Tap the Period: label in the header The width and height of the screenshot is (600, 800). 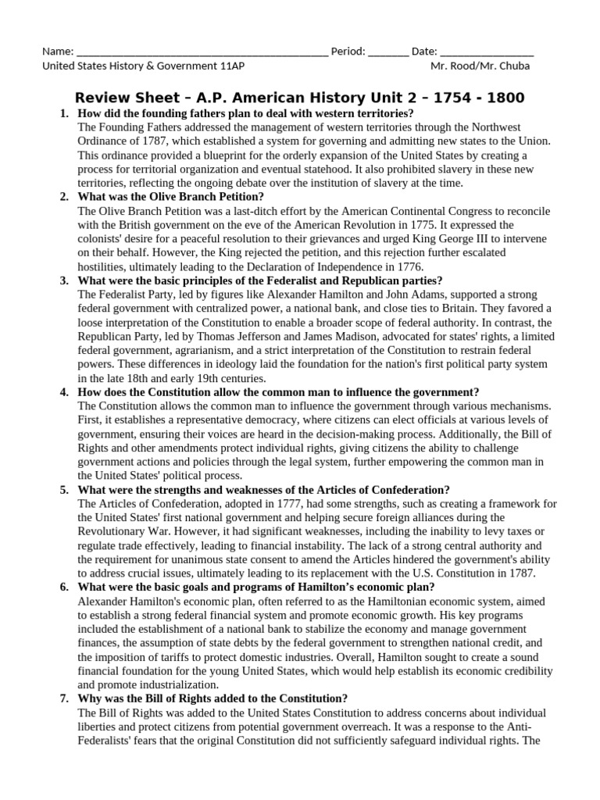pyautogui.click(x=348, y=52)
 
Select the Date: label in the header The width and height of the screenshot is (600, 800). pyautogui.click(x=424, y=52)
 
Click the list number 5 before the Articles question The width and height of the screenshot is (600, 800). pyautogui.click(x=63, y=490)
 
